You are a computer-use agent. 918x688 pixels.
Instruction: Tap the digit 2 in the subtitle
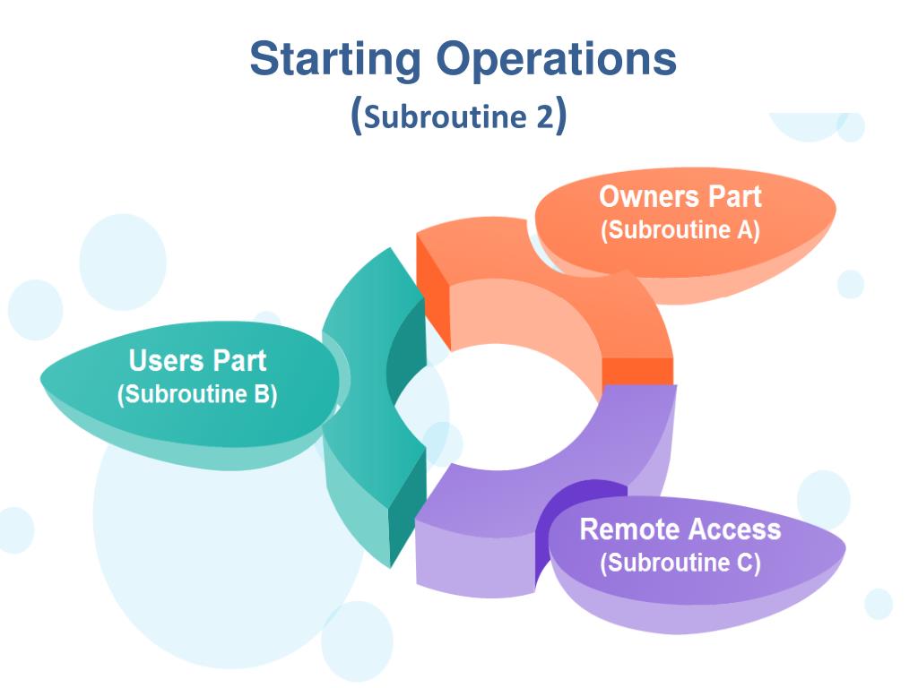(x=545, y=118)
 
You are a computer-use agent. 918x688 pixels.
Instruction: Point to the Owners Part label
(x=680, y=197)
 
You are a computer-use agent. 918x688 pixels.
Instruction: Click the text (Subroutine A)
(x=680, y=230)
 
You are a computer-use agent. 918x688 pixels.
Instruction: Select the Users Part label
(x=197, y=361)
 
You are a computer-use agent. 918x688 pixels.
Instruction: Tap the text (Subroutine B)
(x=197, y=394)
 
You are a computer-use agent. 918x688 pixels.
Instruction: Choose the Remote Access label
(x=680, y=529)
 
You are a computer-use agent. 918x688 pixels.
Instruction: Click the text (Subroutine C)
(x=680, y=563)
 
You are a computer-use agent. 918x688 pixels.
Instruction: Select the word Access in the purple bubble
(x=735, y=529)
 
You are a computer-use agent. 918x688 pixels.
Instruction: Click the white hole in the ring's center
(x=502, y=408)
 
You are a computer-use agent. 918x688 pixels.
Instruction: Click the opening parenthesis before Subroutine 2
(x=356, y=118)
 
